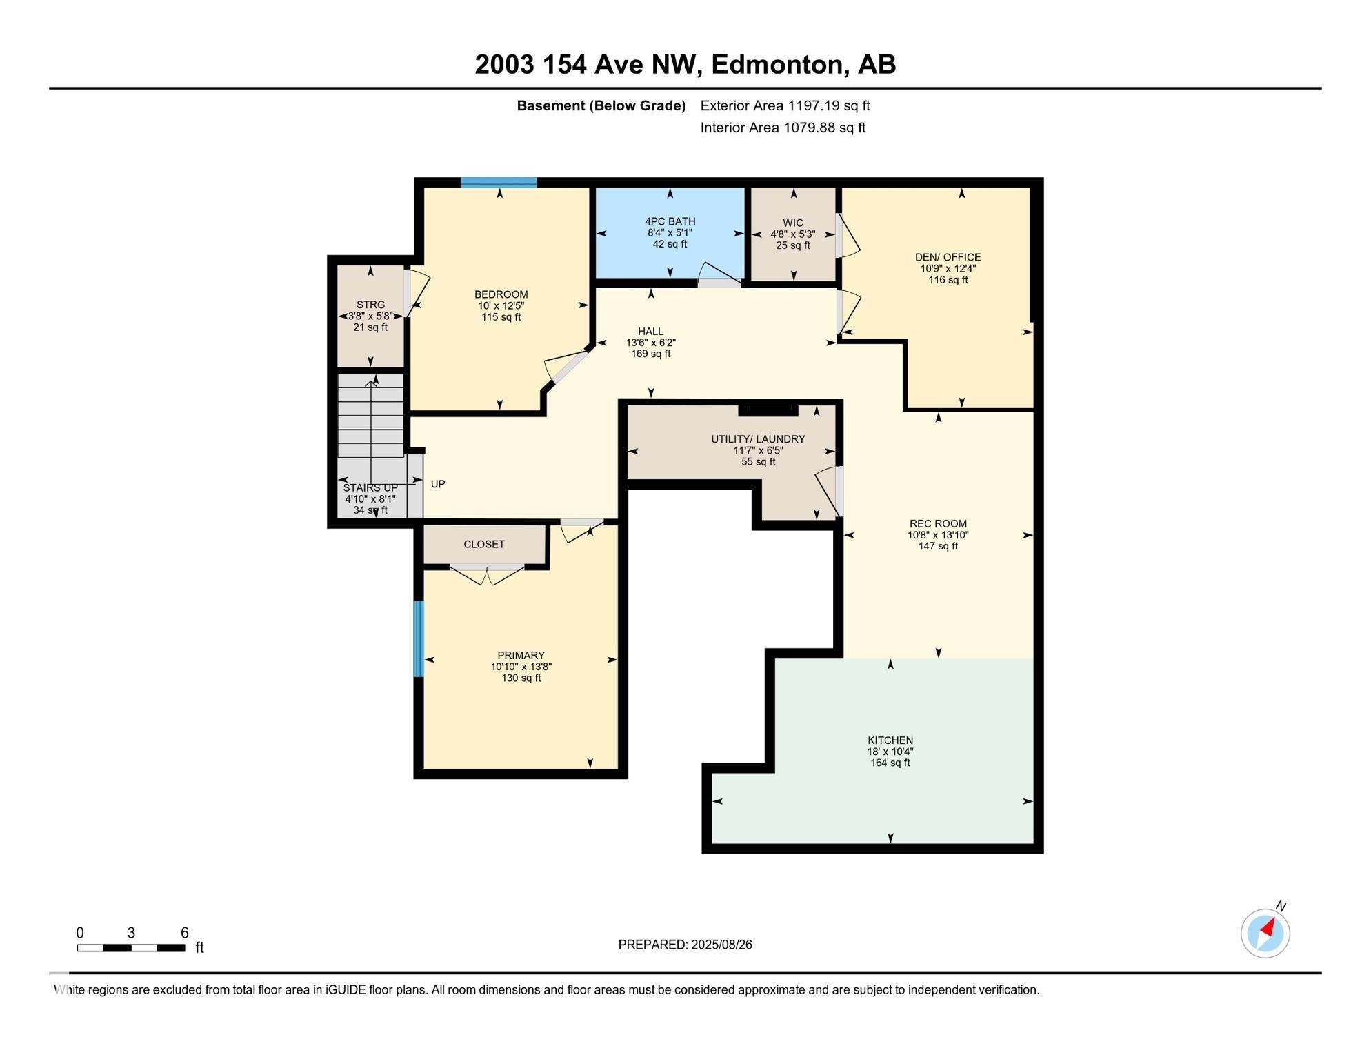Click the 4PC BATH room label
point(670,221)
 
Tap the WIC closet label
point(792,223)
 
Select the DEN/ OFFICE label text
point(948,257)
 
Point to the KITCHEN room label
point(890,740)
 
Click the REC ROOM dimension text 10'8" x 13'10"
point(938,535)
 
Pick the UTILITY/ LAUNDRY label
point(758,439)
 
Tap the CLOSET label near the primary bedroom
point(483,545)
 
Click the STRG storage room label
point(370,305)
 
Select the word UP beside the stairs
point(438,484)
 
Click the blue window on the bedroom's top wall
point(498,183)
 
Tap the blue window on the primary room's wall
point(418,638)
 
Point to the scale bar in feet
point(131,948)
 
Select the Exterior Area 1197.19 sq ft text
point(785,105)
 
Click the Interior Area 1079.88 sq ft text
point(782,128)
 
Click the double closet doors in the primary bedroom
point(487,574)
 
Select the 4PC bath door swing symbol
point(719,274)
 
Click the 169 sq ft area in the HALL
point(650,354)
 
